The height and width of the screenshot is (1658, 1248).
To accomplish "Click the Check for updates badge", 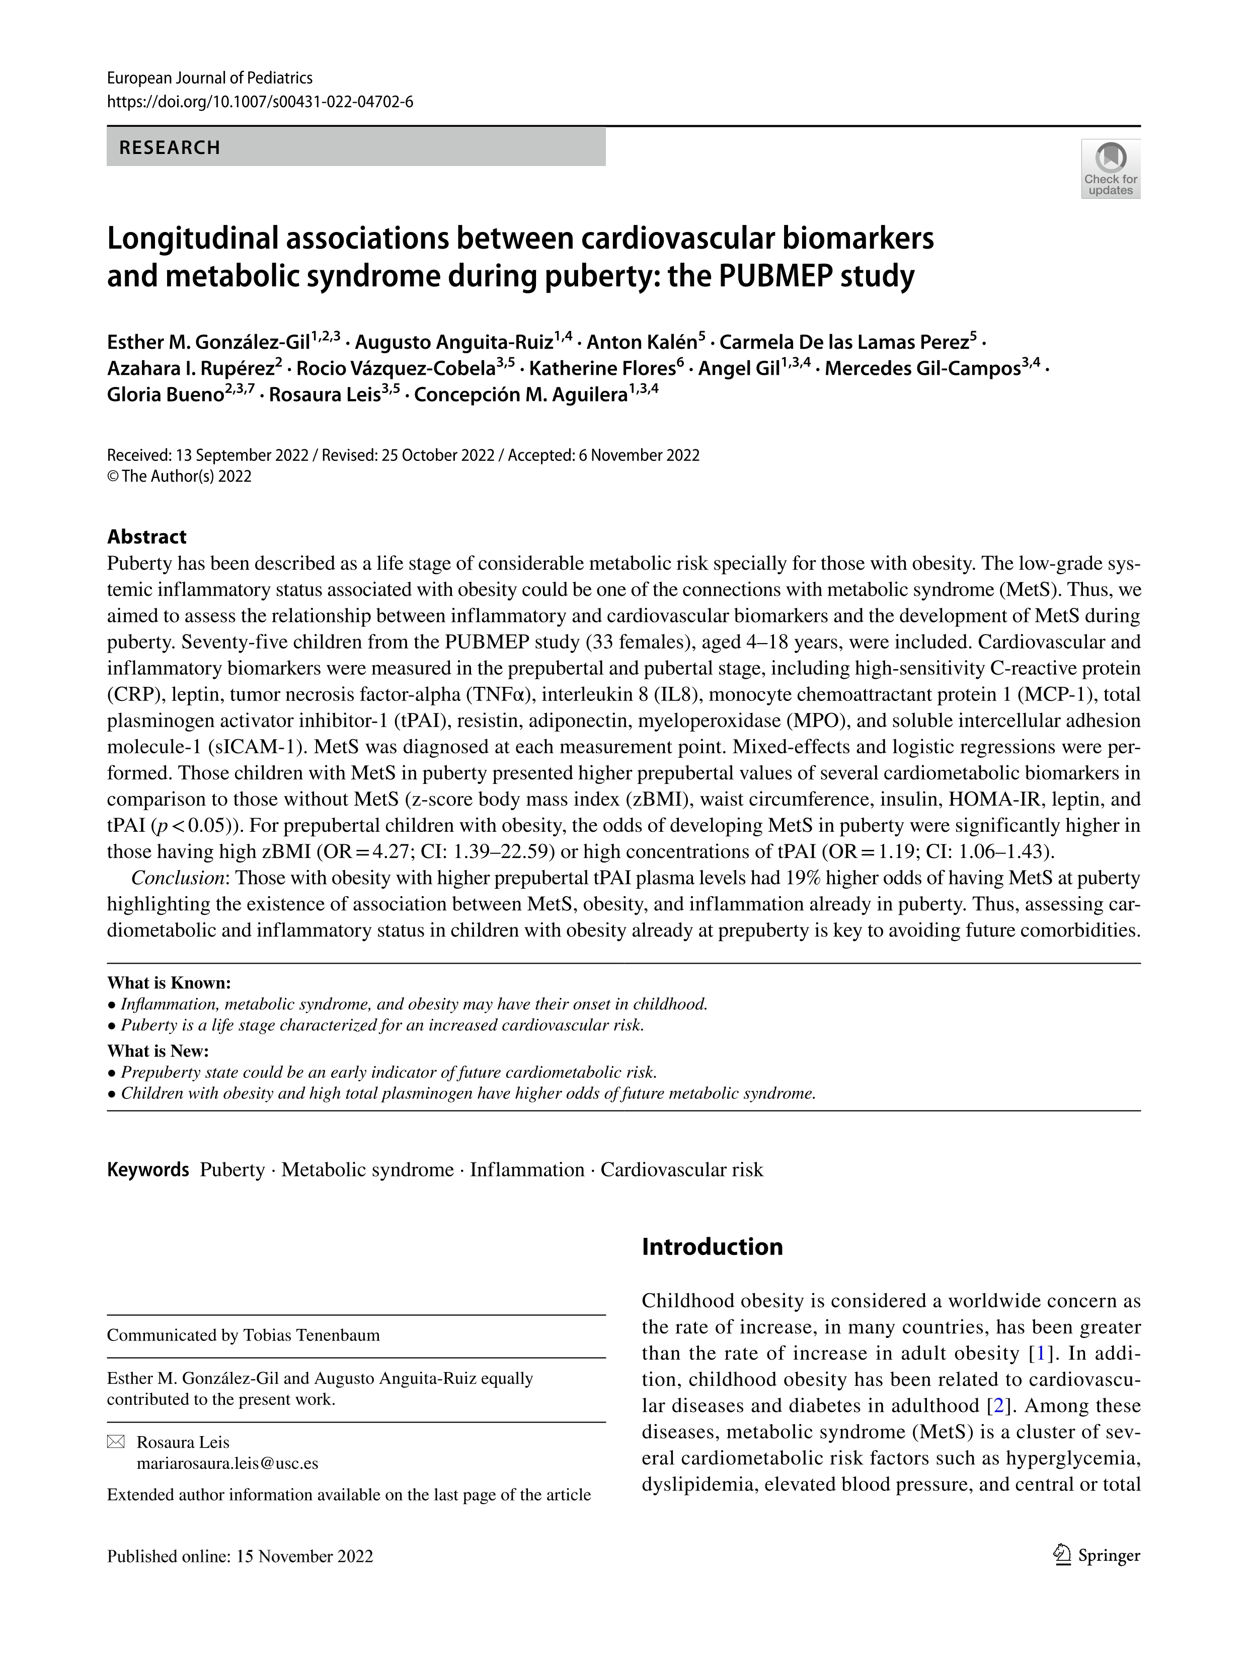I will pyautogui.click(x=1110, y=169).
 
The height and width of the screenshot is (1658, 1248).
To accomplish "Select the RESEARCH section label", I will pyautogui.click(x=170, y=147).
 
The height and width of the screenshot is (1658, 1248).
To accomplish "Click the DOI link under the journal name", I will pyautogui.click(x=260, y=102).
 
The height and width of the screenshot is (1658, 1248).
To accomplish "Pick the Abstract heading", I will pyautogui.click(x=147, y=537).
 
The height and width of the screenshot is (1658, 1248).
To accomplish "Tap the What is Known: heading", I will pyautogui.click(x=169, y=983).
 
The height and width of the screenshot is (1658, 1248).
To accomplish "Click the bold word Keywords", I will pyautogui.click(x=147, y=1170).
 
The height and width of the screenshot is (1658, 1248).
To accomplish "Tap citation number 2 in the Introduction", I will pyautogui.click(x=998, y=1405).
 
